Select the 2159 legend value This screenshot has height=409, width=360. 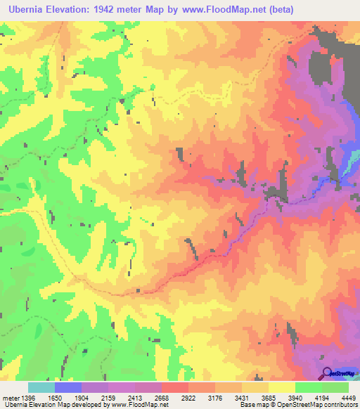108,397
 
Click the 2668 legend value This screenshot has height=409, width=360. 162,397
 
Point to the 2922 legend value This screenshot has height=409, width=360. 188,397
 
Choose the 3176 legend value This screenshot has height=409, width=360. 215,397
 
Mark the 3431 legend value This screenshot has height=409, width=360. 242,397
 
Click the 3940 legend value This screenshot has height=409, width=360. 295,397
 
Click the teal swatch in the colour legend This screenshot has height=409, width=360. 41,387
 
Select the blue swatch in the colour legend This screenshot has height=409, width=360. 68,387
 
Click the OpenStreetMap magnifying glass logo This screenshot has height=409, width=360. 328,373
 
